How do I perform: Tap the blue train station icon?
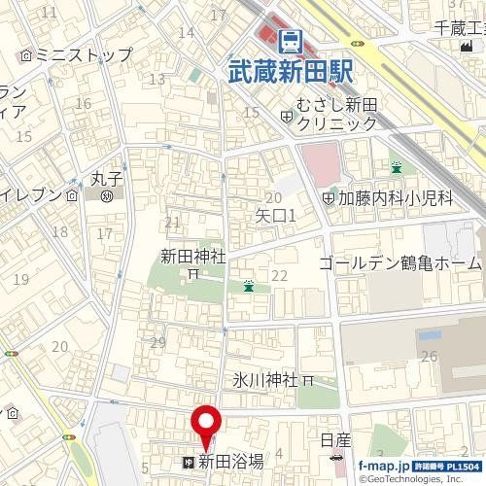click(289, 41)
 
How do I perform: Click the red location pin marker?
click(205, 427)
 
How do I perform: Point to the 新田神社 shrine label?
click(192, 256)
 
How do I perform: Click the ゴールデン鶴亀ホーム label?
click(399, 263)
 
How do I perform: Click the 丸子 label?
click(105, 179)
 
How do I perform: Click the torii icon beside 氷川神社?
click(309, 380)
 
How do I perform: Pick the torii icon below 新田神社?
click(192, 274)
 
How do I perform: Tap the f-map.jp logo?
click(383, 467)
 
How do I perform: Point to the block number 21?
click(173, 224)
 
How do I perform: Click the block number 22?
click(279, 276)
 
